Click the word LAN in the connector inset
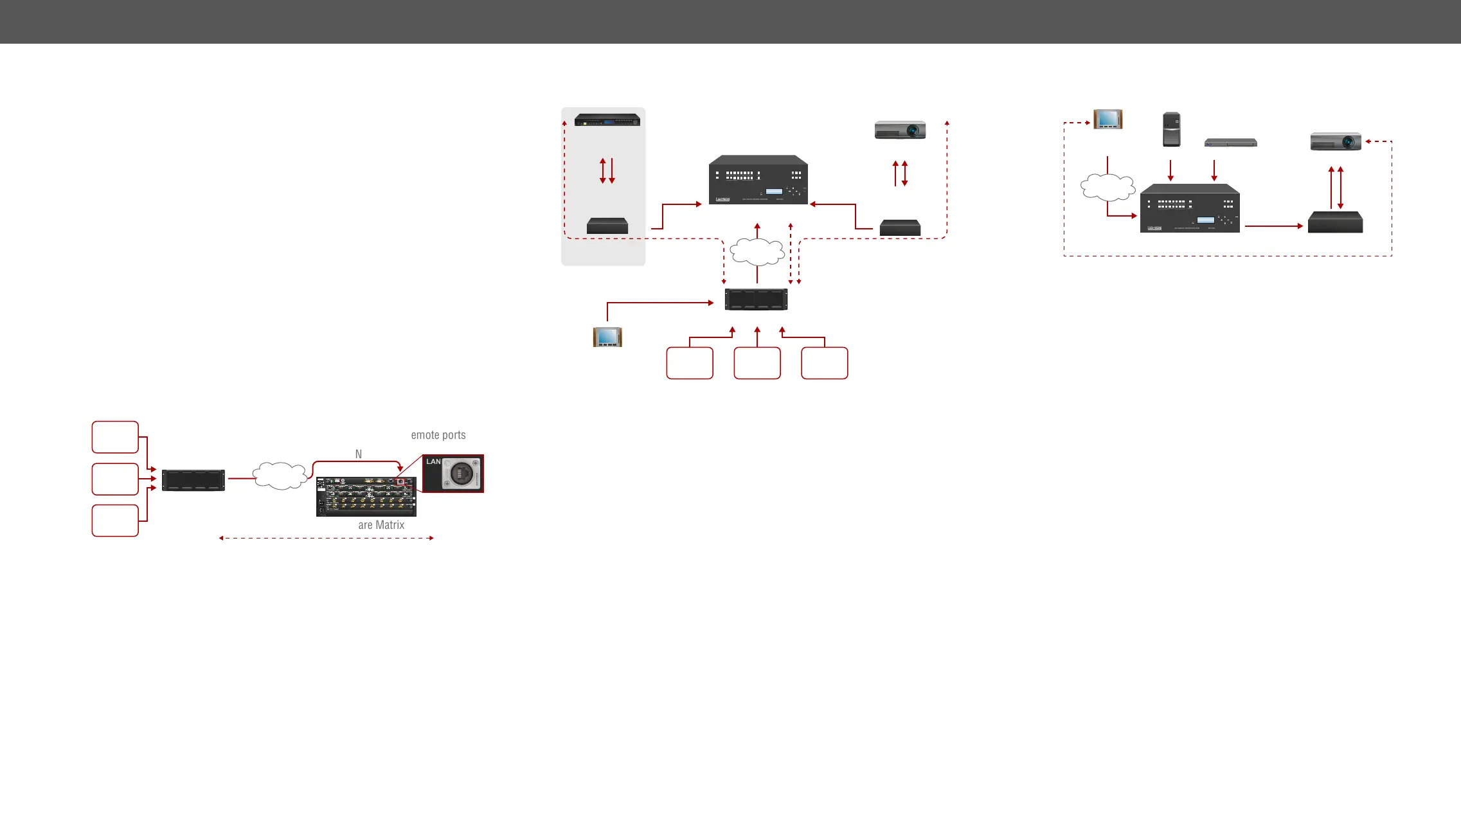click(x=433, y=462)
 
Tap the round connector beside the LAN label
click(x=461, y=475)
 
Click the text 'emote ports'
click(x=438, y=435)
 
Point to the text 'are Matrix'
click(x=381, y=525)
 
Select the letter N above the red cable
click(x=359, y=454)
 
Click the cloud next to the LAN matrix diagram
click(x=280, y=476)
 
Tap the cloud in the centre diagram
click(x=757, y=251)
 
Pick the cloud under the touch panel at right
click(x=1107, y=187)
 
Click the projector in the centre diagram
click(x=900, y=130)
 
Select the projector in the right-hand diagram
click(x=1336, y=141)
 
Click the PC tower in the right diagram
click(x=1171, y=130)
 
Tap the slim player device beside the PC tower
click(x=1230, y=143)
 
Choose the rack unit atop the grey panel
click(x=607, y=120)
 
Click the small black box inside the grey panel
click(x=607, y=226)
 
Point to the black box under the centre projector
click(x=900, y=227)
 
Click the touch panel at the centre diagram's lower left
click(x=607, y=337)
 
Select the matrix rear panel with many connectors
click(x=366, y=497)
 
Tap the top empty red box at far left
click(x=115, y=437)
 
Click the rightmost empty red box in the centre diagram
click(x=824, y=363)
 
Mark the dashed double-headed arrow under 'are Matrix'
click(x=327, y=538)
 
